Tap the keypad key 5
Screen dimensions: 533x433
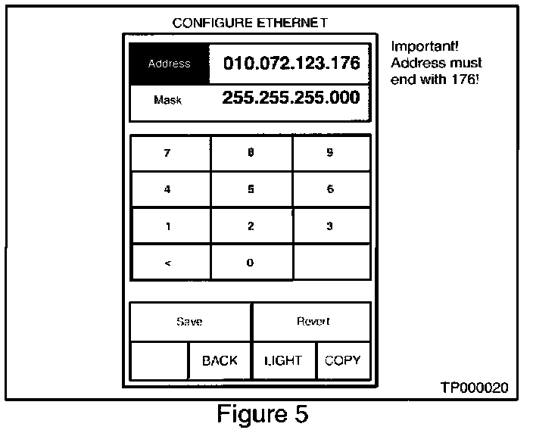tap(251, 189)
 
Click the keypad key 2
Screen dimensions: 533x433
tap(251, 226)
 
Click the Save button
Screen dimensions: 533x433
tap(189, 322)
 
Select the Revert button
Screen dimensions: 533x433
tap(312, 322)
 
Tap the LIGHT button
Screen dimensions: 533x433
tap(284, 360)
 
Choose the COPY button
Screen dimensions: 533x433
tap(343, 360)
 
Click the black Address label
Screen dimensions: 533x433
tap(169, 64)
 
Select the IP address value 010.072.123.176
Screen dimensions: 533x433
tap(291, 63)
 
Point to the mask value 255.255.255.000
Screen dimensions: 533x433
tap(291, 98)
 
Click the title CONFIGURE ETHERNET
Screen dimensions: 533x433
tap(250, 23)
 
